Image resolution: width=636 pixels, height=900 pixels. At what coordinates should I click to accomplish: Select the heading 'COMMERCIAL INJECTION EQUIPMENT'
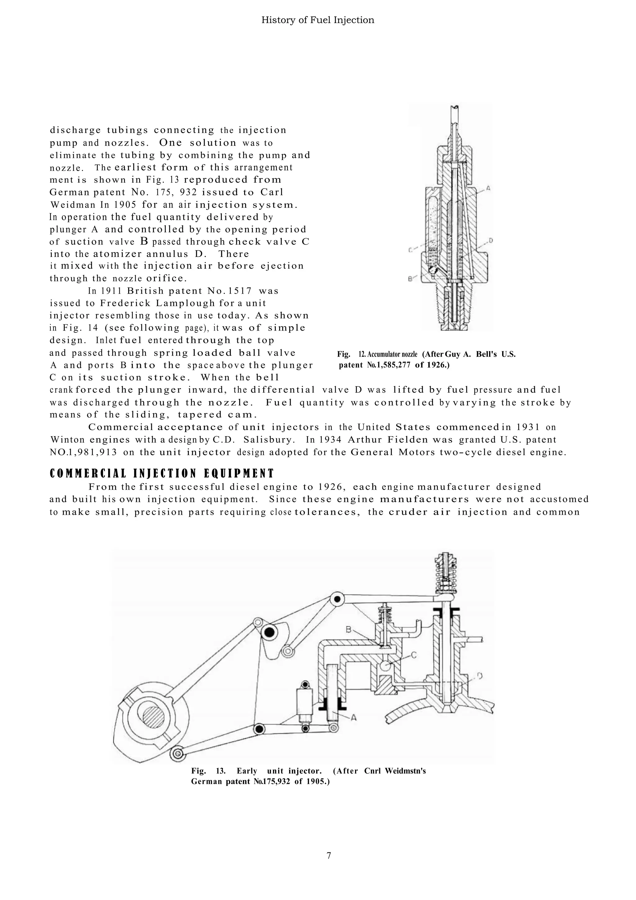(161, 473)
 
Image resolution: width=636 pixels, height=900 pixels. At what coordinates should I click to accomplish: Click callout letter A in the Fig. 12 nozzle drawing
(488, 188)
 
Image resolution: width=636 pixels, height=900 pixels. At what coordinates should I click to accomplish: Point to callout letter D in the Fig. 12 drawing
(491, 240)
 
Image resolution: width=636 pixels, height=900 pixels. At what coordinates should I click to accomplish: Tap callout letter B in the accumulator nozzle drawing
(411, 279)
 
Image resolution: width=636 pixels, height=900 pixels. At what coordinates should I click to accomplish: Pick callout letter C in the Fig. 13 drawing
(414, 655)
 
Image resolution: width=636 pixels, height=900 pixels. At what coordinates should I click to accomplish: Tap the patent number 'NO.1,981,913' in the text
(83, 452)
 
